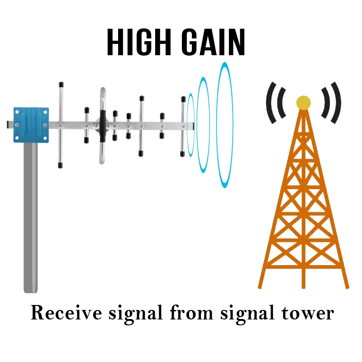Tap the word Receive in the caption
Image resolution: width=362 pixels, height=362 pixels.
[x=62, y=313]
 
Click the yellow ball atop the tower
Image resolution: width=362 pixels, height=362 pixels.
[x=303, y=103]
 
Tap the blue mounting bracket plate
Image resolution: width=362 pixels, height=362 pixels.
[x=31, y=123]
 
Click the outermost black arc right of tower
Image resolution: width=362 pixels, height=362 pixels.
[x=335, y=103]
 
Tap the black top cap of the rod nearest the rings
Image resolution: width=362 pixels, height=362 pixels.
[x=183, y=99]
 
